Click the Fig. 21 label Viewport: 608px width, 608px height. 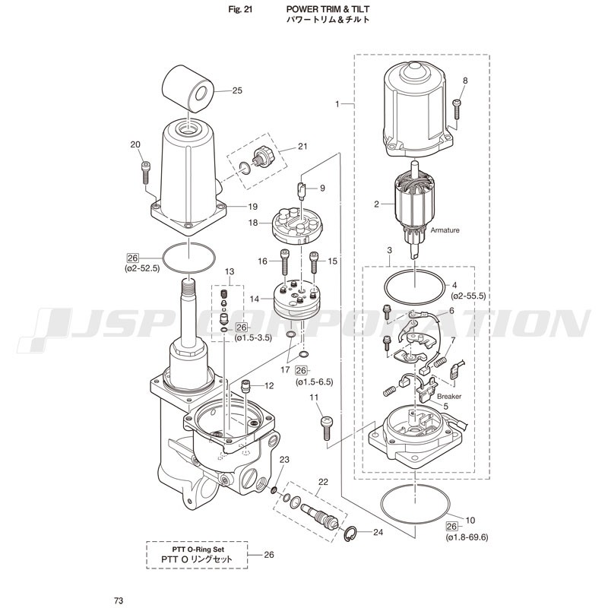pyautogui.click(x=240, y=9)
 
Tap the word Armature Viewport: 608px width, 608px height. pyautogui.click(x=445, y=230)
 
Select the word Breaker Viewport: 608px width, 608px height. pyautogui.click(x=449, y=396)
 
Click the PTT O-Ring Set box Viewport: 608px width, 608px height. pyautogui.click(x=197, y=556)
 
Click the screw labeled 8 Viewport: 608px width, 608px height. pyautogui.click(x=457, y=109)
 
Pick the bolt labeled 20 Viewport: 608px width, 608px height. pyautogui.click(x=145, y=173)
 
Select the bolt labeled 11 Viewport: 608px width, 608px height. pyautogui.click(x=327, y=428)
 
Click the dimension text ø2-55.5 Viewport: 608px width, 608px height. pyautogui.click(x=468, y=296)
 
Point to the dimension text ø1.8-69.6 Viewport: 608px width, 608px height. pyautogui.click(x=467, y=537)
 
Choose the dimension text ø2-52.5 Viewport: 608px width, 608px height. pyautogui.click(x=142, y=268)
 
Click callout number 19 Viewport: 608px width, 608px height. pyautogui.click(x=252, y=207)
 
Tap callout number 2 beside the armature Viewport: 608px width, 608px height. pyautogui.click(x=376, y=204)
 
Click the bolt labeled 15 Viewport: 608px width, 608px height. pyautogui.click(x=313, y=262)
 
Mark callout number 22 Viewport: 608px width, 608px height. pyautogui.click(x=323, y=482)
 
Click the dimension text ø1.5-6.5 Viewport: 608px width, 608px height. pyautogui.click(x=314, y=382)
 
